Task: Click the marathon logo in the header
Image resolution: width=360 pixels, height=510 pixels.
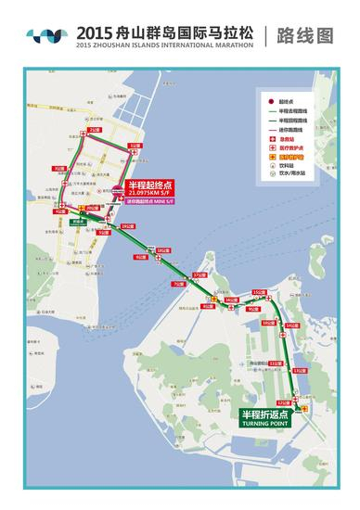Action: [46, 34]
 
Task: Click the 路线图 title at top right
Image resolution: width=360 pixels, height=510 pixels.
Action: [307, 34]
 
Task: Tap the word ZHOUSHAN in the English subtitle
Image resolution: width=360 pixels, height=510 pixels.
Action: [127, 44]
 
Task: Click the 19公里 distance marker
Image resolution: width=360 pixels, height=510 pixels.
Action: [128, 225]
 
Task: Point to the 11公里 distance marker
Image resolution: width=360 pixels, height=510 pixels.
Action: [276, 363]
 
